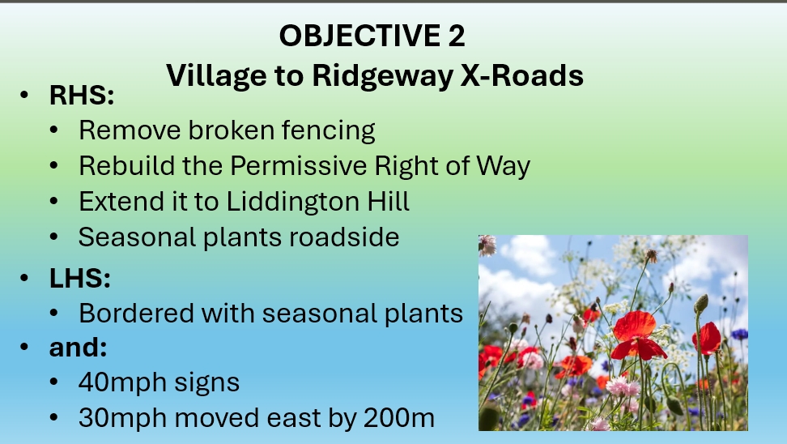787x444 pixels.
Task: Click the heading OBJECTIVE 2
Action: (372, 36)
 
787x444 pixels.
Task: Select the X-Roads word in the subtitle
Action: (522, 75)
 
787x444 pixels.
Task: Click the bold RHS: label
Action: (82, 95)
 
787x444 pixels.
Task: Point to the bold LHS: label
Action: (80, 278)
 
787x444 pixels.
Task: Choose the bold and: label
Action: (79, 347)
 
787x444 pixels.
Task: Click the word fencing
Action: (328, 130)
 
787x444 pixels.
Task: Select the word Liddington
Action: (293, 202)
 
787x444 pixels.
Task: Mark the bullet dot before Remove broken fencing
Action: (54, 130)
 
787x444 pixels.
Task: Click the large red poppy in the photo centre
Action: (637, 334)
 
